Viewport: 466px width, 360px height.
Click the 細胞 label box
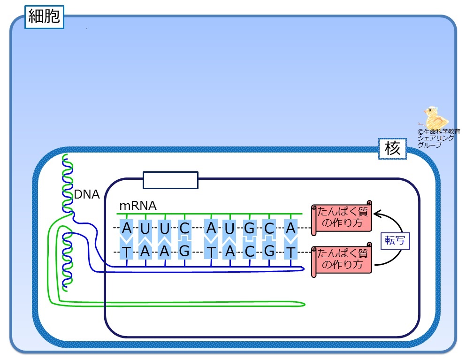tap(44, 17)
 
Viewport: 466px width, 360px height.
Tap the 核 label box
tap(392, 148)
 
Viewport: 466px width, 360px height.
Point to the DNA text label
tap(86, 194)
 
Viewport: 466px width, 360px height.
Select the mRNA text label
tap(138, 206)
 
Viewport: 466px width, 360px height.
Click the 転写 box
tap(395, 240)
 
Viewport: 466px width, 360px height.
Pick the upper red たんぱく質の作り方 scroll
tap(342, 218)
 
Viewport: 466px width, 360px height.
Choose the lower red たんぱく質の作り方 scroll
tap(342, 260)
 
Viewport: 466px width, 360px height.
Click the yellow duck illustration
tap(435, 117)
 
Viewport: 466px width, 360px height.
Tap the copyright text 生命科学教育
tap(442, 131)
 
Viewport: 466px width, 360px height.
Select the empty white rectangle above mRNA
tap(171, 180)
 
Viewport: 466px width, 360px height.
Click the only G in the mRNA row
tap(249, 228)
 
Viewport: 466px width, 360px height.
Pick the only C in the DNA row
tap(250, 252)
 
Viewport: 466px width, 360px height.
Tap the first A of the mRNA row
tap(127, 228)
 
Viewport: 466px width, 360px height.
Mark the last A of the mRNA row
tap(290, 228)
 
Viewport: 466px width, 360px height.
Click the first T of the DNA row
tap(127, 252)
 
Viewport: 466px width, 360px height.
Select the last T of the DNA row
tap(290, 252)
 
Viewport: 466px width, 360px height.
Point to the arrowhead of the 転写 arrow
tap(375, 214)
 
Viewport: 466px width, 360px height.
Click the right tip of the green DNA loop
tap(305, 304)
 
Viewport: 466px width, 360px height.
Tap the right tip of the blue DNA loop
tap(304, 269)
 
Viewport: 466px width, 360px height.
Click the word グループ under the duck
tap(430, 145)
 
